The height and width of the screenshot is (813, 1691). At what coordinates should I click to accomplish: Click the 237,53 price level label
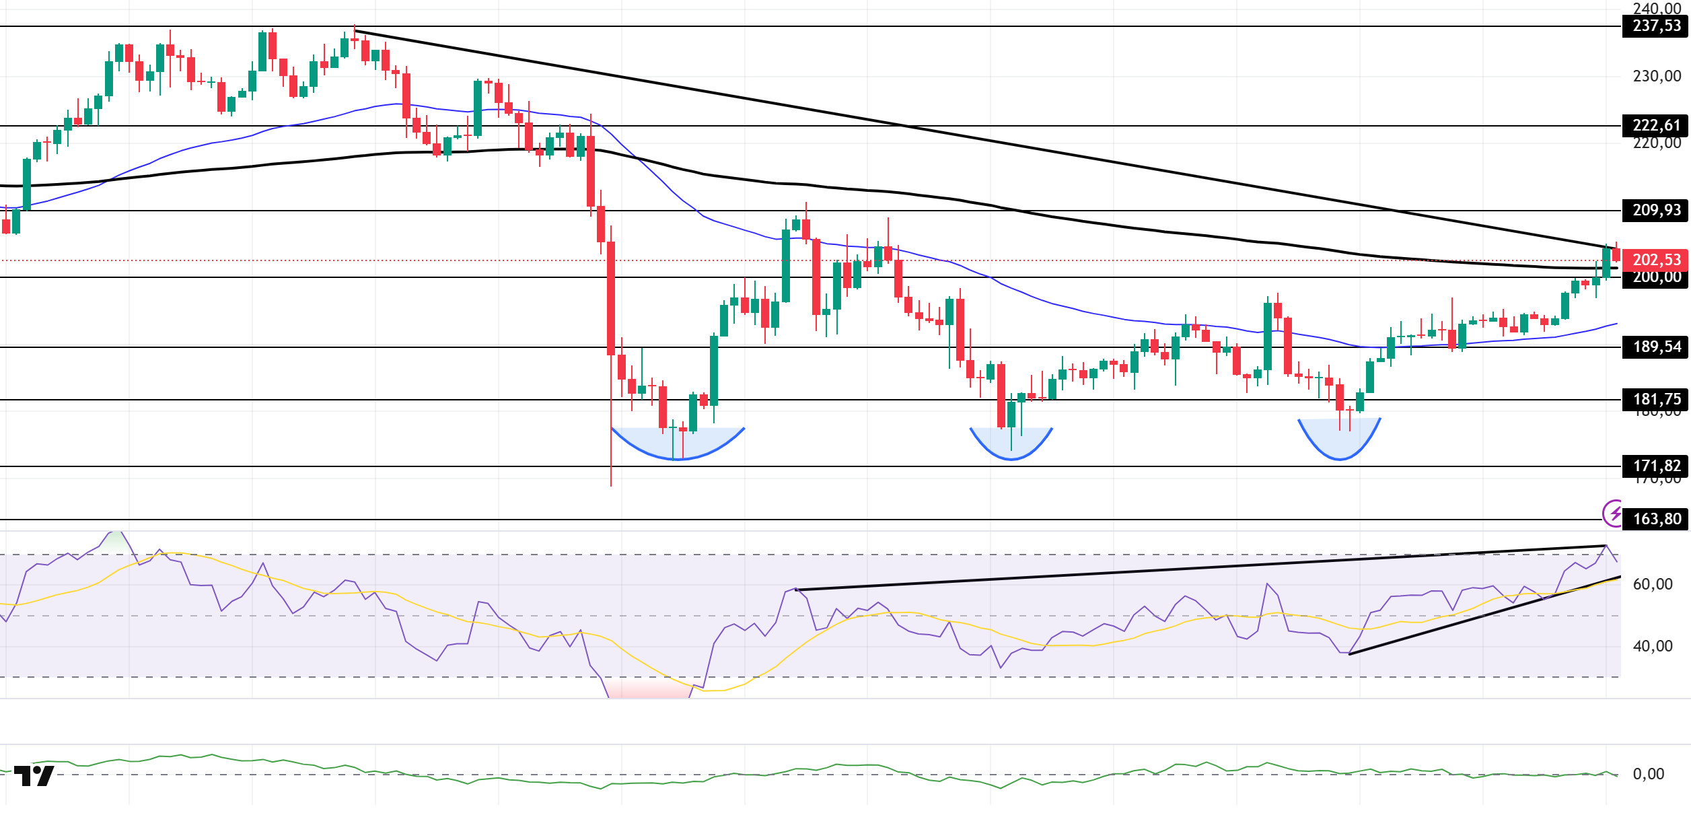[x=1655, y=26]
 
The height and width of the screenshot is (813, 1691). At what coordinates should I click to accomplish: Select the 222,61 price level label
[x=1655, y=126]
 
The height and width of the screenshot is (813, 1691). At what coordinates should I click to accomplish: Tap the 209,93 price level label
[x=1655, y=211]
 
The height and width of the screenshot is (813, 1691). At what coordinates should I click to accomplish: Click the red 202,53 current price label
[x=1655, y=260]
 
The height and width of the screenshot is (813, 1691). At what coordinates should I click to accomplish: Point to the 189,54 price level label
[x=1655, y=347]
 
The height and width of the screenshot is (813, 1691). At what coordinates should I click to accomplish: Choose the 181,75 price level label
[x=1655, y=400]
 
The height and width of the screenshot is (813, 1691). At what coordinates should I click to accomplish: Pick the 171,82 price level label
[x=1655, y=466]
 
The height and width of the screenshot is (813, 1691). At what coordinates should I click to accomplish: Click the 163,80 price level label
[x=1655, y=520]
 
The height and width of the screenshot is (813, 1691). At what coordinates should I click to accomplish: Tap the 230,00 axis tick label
[x=1657, y=77]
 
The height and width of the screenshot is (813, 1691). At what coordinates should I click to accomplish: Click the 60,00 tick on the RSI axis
[x=1653, y=584]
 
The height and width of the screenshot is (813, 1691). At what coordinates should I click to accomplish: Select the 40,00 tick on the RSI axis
[x=1653, y=647]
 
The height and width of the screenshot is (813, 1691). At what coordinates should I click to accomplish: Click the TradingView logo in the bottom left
[x=34, y=776]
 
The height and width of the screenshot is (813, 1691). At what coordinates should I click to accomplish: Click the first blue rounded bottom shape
[x=678, y=444]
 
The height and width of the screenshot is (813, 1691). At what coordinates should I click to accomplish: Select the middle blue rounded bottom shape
[x=1011, y=444]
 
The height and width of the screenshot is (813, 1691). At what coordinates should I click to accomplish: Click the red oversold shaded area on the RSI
[x=648, y=688]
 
